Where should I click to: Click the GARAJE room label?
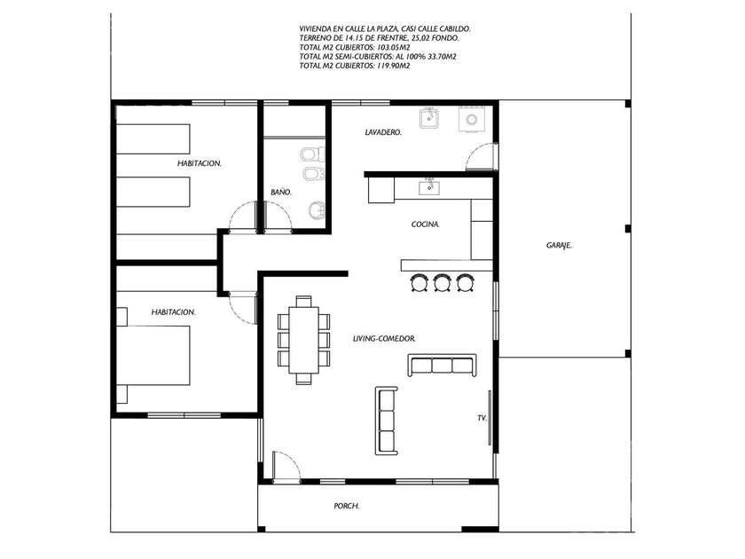pyautogui.click(x=559, y=246)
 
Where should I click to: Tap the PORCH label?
pyautogui.click(x=347, y=507)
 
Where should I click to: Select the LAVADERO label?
pyautogui.click(x=383, y=132)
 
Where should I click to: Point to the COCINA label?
pyautogui.click(x=425, y=224)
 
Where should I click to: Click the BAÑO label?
pyautogui.click(x=281, y=192)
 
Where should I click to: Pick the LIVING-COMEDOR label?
pyautogui.click(x=384, y=339)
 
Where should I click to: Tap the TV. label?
pyautogui.click(x=482, y=418)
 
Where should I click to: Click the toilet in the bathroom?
pyautogui.click(x=312, y=154)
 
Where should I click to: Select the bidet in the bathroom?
pyautogui.click(x=314, y=174)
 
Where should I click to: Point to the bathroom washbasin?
pyautogui.click(x=317, y=209)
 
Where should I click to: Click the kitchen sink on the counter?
pyautogui.click(x=429, y=187)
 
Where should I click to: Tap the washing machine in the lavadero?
pyautogui.click(x=471, y=119)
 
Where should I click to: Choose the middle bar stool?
pyautogui.click(x=443, y=282)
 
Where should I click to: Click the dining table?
pyautogui.click(x=303, y=340)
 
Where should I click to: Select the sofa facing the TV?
pyautogui.click(x=387, y=421)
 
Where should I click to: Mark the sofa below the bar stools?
pyautogui.click(x=442, y=365)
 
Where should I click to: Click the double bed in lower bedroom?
pyautogui.click(x=153, y=355)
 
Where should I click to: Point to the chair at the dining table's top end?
pyautogui.click(x=303, y=302)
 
